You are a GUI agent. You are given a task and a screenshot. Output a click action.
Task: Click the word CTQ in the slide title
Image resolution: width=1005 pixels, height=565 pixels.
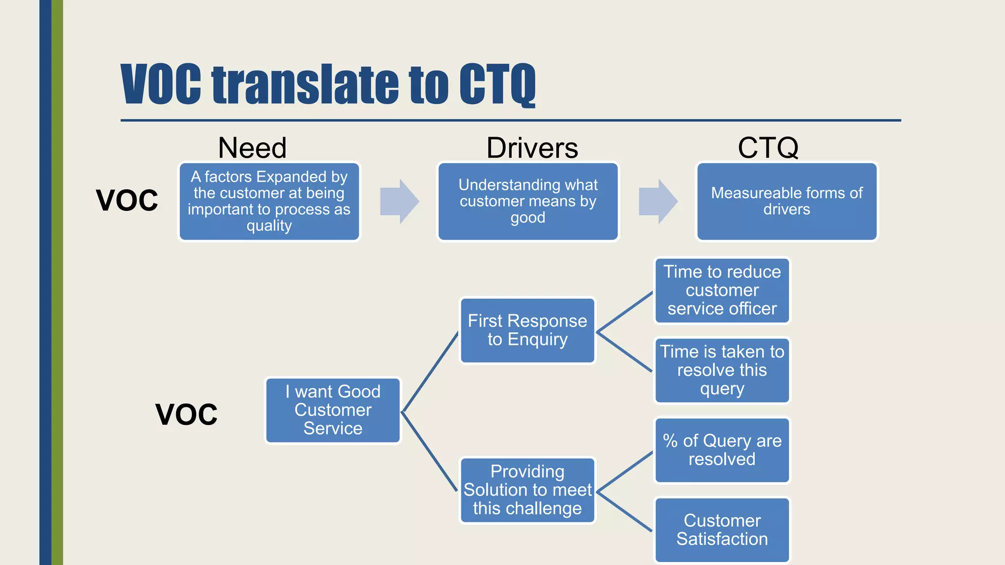pyautogui.click(x=497, y=84)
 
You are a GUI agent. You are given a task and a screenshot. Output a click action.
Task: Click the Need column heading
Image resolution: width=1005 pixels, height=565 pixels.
pyautogui.click(x=252, y=148)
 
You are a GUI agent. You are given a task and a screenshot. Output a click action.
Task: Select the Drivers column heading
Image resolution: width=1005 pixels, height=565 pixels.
pyautogui.click(x=532, y=148)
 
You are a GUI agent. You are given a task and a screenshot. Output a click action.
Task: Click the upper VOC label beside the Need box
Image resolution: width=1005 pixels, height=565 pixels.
pyautogui.click(x=127, y=200)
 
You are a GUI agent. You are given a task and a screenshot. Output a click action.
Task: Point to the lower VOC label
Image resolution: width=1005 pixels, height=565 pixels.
pyautogui.click(x=186, y=414)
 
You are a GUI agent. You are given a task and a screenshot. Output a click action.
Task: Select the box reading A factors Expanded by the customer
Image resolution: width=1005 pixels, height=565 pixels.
pyautogui.click(x=269, y=201)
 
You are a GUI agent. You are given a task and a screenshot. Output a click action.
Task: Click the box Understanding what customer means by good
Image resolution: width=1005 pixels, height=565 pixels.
pyautogui.click(x=528, y=201)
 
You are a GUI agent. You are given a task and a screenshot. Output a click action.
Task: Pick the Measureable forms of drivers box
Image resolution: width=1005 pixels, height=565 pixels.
pyautogui.click(x=787, y=201)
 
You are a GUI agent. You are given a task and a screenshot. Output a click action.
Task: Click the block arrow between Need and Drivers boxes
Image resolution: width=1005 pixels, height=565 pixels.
pyautogui.click(x=399, y=201)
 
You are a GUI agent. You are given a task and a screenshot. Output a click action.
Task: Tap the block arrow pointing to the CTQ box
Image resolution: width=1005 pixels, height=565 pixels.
pyautogui.click(x=658, y=201)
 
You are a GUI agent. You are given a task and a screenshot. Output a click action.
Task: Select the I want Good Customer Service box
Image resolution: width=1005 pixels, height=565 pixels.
pyautogui.click(x=333, y=410)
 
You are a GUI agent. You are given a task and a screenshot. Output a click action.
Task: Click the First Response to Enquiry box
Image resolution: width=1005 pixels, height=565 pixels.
pyautogui.click(x=528, y=330)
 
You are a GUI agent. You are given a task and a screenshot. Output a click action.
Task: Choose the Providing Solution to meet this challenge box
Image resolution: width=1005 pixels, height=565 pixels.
pyautogui.click(x=528, y=490)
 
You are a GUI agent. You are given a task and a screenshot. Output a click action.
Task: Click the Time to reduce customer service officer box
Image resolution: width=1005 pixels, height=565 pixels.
pyautogui.click(x=722, y=290)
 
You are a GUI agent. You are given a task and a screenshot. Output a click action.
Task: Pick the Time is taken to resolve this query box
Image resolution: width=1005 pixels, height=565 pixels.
pyautogui.click(x=722, y=370)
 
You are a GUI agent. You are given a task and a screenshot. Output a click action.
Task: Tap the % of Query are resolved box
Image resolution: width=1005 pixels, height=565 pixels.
pyautogui.click(x=722, y=450)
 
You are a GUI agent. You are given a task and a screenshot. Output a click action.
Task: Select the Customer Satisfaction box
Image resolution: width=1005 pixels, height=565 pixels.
pyautogui.click(x=722, y=530)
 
